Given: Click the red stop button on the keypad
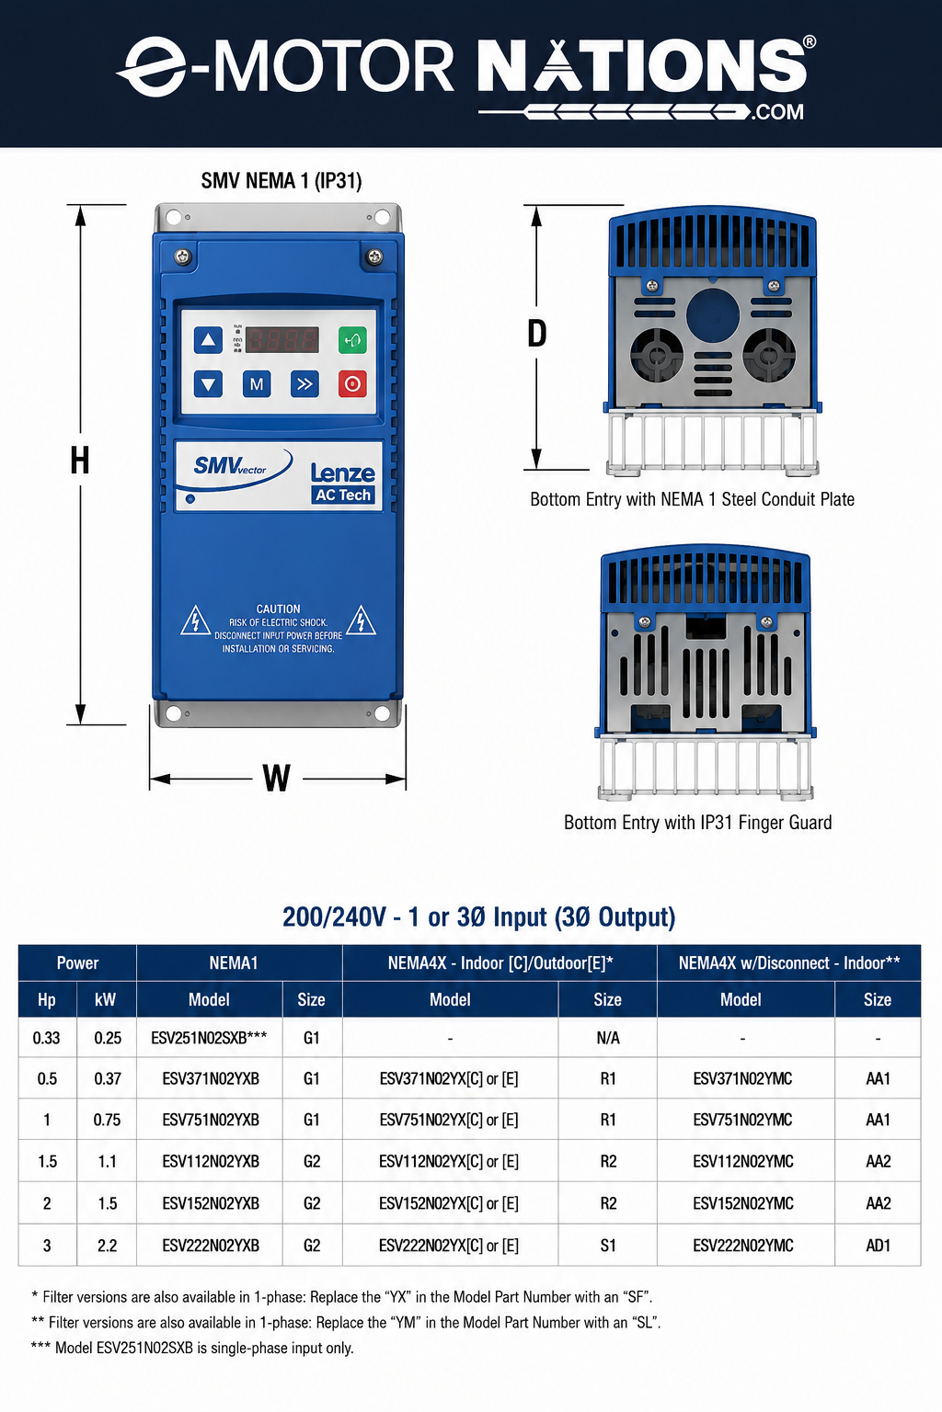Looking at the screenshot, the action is point(352,384).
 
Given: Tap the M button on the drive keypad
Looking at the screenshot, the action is point(257,384).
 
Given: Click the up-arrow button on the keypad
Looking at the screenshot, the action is point(208,340).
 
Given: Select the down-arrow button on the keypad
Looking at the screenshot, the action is point(208,384).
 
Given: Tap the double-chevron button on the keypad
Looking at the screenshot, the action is point(304,384).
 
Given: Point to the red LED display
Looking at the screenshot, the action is point(282,340).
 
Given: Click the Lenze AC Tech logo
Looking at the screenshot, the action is point(343,483).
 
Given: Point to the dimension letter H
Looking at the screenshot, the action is point(79,461).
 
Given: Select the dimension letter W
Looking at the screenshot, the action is point(276,778).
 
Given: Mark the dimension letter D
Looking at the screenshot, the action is point(537,333).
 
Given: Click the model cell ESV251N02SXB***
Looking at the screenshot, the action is point(209,1038).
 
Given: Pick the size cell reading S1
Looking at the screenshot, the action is point(608,1245).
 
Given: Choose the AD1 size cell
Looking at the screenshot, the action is point(879,1245).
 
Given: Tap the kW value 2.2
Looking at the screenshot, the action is point(108,1245).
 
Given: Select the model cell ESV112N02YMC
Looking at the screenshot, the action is point(743,1161).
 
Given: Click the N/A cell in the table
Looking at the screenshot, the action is point(608,1038).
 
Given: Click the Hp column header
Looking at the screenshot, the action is point(47,999).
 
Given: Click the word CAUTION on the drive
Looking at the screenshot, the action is point(278,609).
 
